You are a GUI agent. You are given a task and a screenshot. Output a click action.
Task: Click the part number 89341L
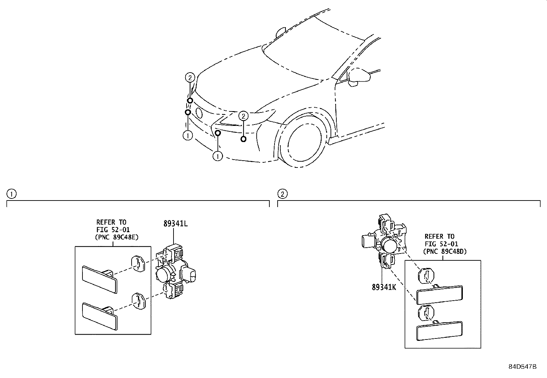175,224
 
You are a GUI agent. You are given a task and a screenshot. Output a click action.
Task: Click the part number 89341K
383,287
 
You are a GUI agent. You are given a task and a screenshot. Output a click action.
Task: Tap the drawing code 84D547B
522,367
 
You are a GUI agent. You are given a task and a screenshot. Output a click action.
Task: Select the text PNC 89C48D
446,251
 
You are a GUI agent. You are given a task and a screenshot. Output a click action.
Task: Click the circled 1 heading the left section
11,194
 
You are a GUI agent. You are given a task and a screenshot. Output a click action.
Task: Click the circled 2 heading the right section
282,194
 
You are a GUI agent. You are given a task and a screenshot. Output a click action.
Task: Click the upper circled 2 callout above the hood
190,77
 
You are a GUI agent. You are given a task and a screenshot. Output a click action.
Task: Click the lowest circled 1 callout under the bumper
217,156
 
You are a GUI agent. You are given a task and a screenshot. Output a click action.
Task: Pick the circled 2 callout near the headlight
243,116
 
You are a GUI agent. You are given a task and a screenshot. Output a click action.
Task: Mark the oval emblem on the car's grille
199,113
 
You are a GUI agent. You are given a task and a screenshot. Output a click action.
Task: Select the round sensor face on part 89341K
390,245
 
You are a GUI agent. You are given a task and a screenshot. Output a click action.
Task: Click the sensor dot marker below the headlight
243,139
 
